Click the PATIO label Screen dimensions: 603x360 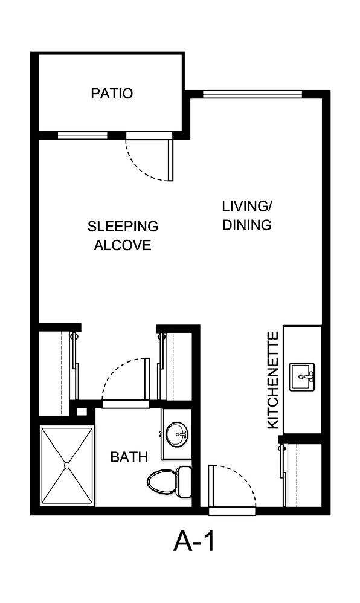(x=112, y=94)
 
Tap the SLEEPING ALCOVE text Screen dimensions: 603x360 (x=123, y=236)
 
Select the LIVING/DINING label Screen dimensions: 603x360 (x=247, y=216)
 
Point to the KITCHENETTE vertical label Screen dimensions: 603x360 (x=272, y=380)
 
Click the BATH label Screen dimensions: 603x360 (x=129, y=457)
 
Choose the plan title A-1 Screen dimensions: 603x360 (x=194, y=542)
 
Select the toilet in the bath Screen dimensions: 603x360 (x=166, y=482)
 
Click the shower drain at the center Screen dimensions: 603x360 (x=67, y=465)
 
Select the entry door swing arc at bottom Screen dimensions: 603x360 (x=239, y=480)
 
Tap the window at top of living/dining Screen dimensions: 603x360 (x=252, y=94)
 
